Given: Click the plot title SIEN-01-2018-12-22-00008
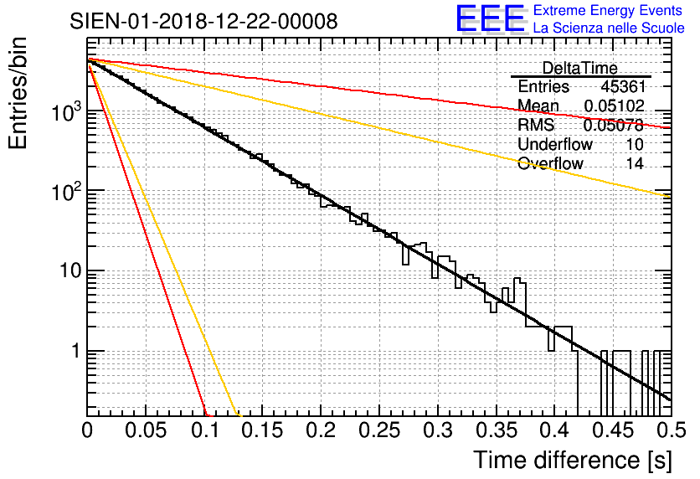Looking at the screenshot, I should (x=203, y=21).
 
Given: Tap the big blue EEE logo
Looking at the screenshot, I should (x=490, y=20).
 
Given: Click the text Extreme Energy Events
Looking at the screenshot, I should (x=608, y=11).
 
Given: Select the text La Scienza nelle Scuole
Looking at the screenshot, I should (x=608, y=29).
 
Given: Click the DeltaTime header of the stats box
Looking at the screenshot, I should (x=580, y=68).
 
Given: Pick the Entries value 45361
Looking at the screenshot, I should (x=622, y=87).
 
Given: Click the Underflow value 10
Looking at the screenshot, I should (x=634, y=145).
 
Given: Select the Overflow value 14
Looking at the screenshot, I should (x=634, y=164).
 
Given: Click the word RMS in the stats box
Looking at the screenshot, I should (x=537, y=126).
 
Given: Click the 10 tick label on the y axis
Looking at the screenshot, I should (x=68, y=271).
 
